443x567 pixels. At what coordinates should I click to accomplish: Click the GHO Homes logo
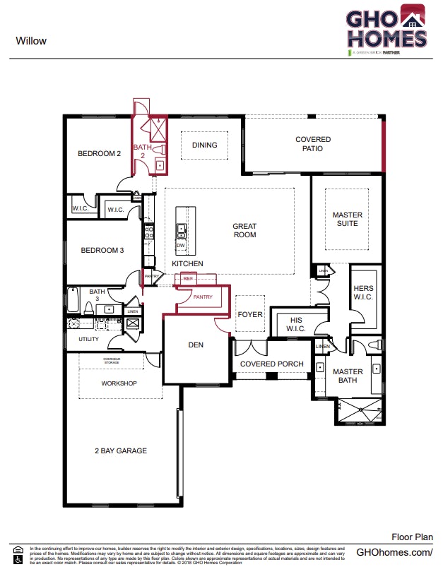[386, 30]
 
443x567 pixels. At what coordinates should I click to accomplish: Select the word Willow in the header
[31, 41]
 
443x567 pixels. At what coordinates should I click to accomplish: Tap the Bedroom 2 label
[100, 153]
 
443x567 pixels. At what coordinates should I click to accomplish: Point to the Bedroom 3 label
[102, 250]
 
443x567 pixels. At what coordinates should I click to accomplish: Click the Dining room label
[204, 145]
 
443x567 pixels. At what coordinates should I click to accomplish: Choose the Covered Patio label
[312, 144]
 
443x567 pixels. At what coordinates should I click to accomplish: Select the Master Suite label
[347, 219]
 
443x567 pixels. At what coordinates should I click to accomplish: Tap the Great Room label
[244, 230]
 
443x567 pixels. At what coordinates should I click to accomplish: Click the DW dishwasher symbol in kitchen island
[181, 245]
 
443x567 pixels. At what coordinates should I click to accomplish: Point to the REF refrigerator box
[187, 279]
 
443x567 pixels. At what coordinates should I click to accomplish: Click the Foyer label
[249, 314]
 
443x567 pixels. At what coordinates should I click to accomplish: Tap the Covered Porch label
[272, 364]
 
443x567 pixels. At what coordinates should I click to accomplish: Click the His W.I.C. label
[292, 324]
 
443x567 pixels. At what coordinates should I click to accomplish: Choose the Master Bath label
[348, 376]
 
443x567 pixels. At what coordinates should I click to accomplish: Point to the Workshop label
[119, 383]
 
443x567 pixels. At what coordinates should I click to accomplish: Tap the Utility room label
[88, 339]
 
